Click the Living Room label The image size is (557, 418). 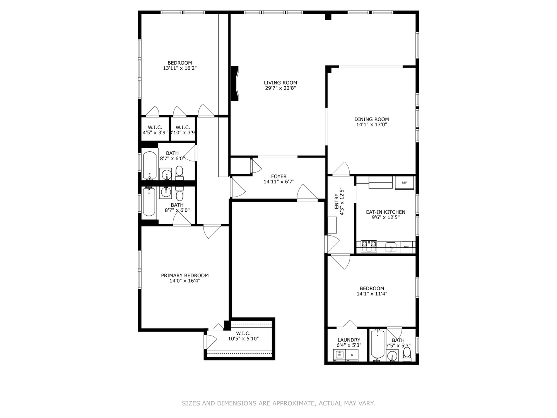[280, 82]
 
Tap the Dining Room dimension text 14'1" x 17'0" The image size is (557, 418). [371, 125]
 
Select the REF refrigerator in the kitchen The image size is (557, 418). [404, 183]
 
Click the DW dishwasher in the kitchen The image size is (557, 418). [406, 247]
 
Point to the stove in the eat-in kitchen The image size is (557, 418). [369, 246]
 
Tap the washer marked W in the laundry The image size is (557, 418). [339, 355]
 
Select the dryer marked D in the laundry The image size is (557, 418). [352, 355]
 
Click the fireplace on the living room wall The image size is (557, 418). [235, 84]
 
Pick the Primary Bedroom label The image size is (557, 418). [185, 276]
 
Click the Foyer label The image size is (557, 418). [278, 176]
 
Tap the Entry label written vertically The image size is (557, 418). [337, 201]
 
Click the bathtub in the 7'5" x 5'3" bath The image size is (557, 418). [377, 344]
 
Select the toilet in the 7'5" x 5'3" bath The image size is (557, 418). [407, 353]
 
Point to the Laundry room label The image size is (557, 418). [349, 340]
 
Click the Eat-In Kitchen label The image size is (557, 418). [386, 212]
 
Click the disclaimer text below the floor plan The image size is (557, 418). [278, 403]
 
